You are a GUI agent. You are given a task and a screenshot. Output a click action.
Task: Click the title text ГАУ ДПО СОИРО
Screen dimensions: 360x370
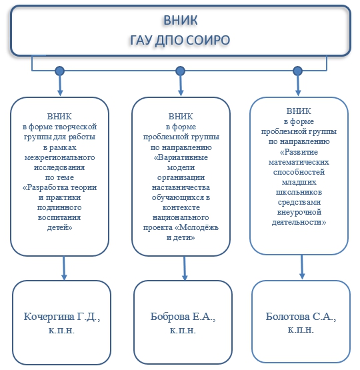pos(180,40)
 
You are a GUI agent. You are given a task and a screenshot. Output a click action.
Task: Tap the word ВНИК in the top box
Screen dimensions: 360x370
pos(181,20)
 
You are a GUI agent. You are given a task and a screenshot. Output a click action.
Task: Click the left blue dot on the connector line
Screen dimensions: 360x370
pos(60,71)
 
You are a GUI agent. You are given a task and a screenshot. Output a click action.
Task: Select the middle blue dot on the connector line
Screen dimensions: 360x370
pos(181,71)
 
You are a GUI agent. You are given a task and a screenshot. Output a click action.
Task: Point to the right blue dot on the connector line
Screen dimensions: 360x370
pos(298,71)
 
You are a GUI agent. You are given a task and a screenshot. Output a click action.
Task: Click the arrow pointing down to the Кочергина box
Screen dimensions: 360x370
pos(64,268)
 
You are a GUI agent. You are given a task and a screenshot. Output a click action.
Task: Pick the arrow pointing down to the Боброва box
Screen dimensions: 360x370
pos(185,268)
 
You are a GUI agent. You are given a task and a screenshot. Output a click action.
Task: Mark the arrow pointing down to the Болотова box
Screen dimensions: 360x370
pos(302,267)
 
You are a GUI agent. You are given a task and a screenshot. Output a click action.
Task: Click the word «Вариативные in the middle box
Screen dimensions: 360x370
pos(181,157)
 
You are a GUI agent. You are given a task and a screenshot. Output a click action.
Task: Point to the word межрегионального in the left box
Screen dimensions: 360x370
pos(60,157)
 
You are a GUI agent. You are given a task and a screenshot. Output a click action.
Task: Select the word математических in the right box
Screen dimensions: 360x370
pos(299,162)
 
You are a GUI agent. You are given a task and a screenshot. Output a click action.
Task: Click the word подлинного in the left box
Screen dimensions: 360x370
pos(59,207)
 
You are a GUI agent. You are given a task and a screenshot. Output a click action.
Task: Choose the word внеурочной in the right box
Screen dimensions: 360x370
pos(299,212)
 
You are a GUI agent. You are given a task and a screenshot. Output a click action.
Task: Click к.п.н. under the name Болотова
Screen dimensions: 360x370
pos(301,329)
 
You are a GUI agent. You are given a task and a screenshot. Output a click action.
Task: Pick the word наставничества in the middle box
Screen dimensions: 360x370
pos(181,187)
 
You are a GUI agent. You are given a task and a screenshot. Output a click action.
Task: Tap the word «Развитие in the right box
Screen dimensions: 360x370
pos(299,152)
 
